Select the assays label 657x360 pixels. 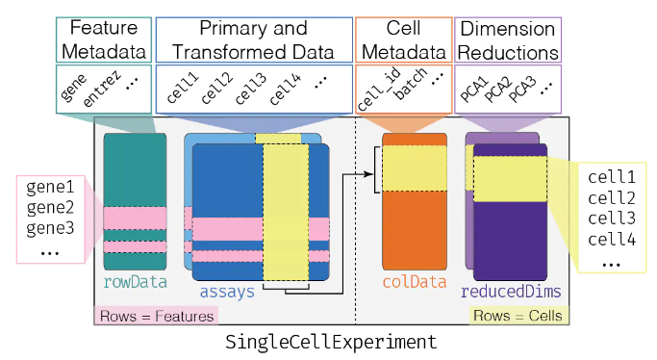[228, 290]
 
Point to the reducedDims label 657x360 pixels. [512, 290]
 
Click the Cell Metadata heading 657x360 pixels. [402, 39]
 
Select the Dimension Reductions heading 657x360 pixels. [506, 39]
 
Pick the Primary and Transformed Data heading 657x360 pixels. [253, 39]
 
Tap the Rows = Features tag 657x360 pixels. [156, 315]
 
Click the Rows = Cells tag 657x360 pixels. [517, 315]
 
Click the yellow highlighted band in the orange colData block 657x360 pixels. [415, 169]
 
